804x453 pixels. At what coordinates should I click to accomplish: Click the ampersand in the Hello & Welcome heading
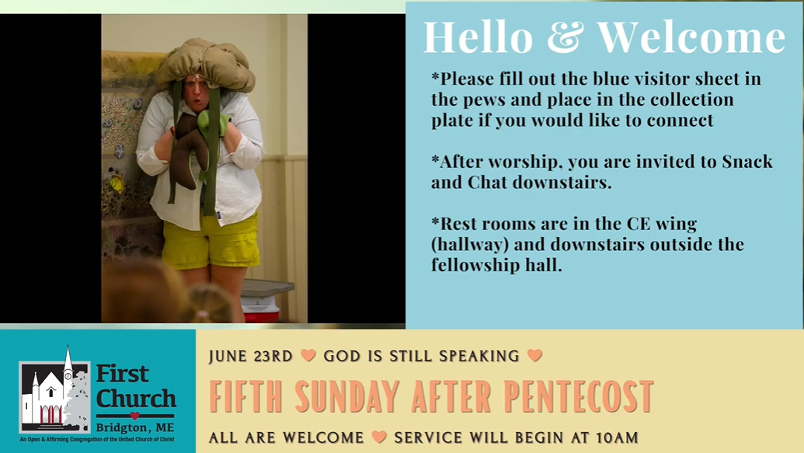pyautogui.click(x=565, y=37)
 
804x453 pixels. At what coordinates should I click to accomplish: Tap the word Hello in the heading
pyautogui.click(x=479, y=37)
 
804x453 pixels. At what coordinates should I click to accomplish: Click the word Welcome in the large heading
pyautogui.click(x=691, y=37)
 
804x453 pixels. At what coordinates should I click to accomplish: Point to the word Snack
pyautogui.click(x=747, y=162)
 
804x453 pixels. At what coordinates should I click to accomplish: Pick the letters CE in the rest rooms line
pyautogui.click(x=639, y=224)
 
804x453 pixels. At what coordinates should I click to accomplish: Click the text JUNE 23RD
pyautogui.click(x=251, y=356)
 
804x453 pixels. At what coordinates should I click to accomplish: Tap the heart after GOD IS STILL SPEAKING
pyautogui.click(x=534, y=355)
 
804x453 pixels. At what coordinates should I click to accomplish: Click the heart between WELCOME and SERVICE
pyautogui.click(x=379, y=437)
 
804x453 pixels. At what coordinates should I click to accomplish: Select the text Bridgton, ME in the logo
pyautogui.click(x=135, y=427)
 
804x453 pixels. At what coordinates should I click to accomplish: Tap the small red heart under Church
pyautogui.click(x=135, y=416)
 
